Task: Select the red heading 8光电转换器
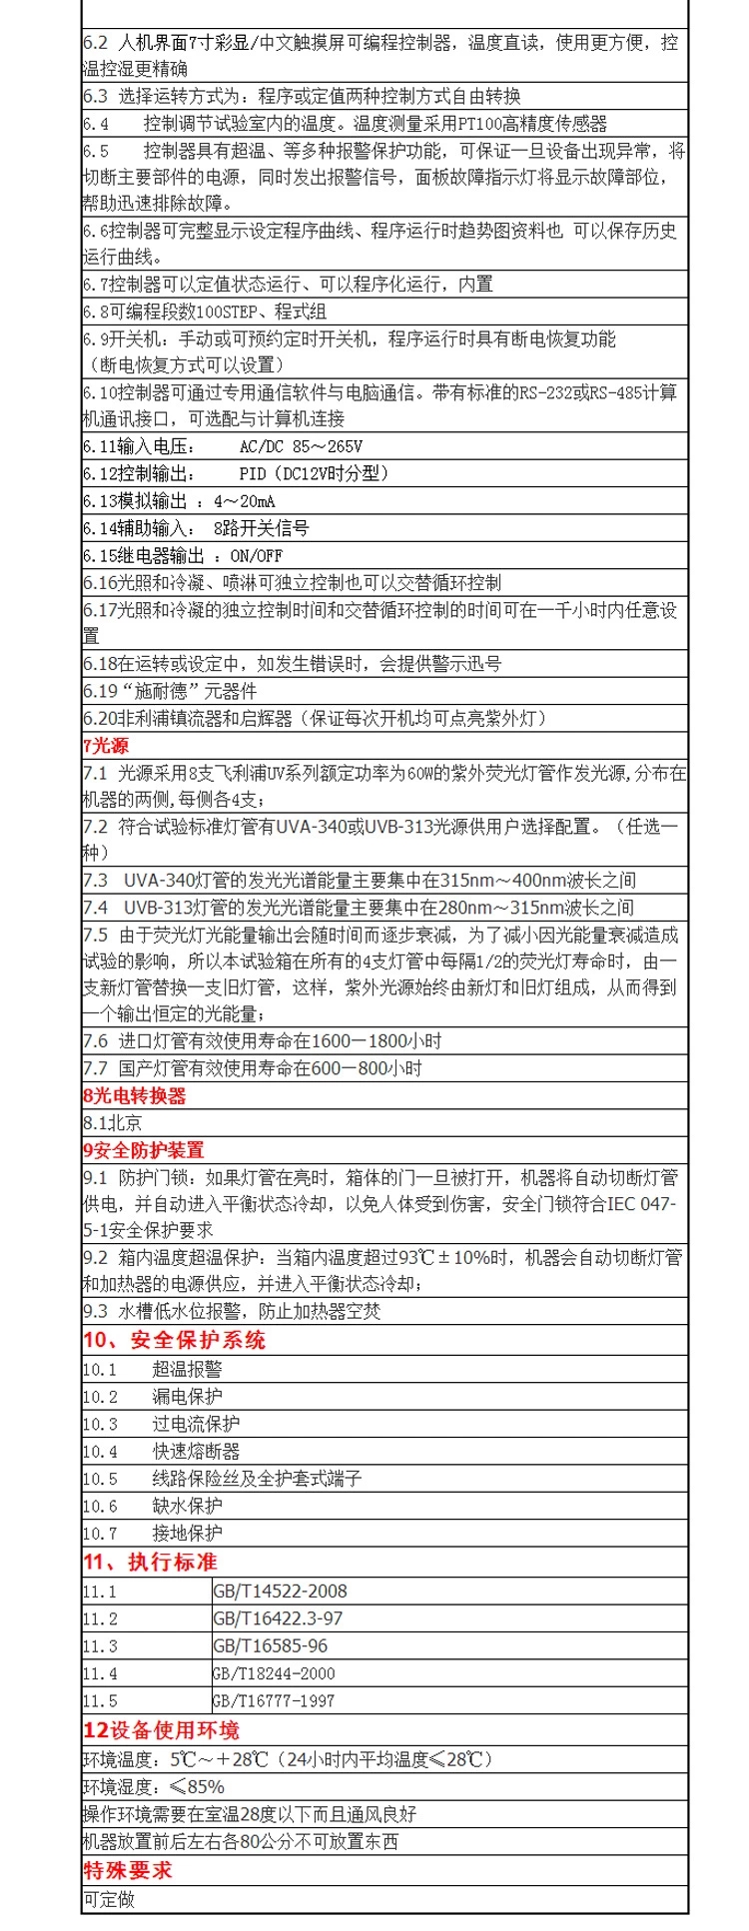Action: pyautogui.click(x=134, y=1095)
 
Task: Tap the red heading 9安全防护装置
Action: pyautogui.click(x=143, y=1150)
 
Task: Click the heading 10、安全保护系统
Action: pyautogui.click(x=174, y=1340)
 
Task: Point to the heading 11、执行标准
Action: pyautogui.click(x=150, y=1562)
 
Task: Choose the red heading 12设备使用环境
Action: pyautogui.click(x=161, y=1730)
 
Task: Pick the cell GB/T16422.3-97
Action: pyautogui.click(x=278, y=1618)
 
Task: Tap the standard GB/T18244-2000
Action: pyautogui.click(x=274, y=1673)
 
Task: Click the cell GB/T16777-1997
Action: pyautogui.click(x=274, y=1700)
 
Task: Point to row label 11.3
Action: pyautogui.click(x=100, y=1646)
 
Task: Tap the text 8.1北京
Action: pyautogui.click(x=112, y=1123)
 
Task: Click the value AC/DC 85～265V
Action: pyautogui.click(x=301, y=446)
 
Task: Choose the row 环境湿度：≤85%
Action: pyautogui.click(x=153, y=1787)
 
